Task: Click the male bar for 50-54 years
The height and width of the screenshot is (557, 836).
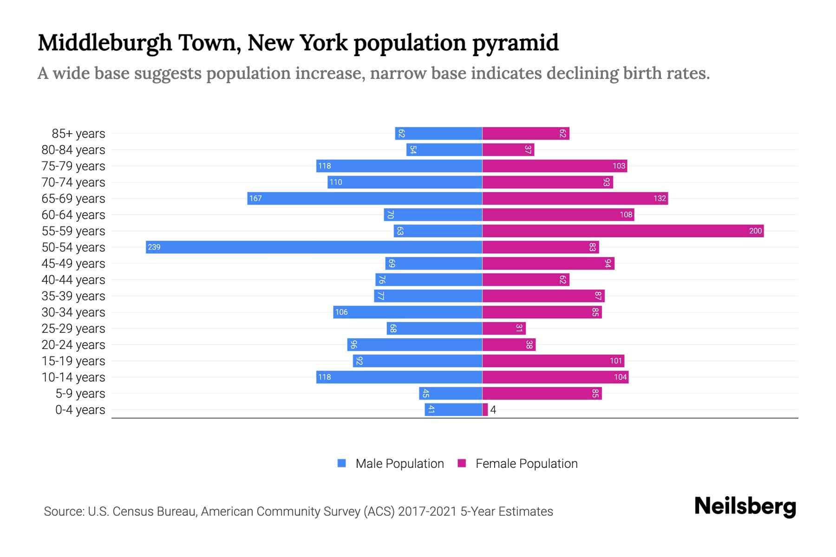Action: [x=314, y=247]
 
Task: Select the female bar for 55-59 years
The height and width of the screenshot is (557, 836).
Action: [x=622, y=231]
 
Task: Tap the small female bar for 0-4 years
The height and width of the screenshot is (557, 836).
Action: [x=485, y=410]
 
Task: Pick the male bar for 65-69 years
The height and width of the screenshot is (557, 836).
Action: [x=365, y=198]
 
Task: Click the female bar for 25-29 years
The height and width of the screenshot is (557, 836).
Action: [x=504, y=328]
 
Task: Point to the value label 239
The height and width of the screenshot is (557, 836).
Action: [x=154, y=247]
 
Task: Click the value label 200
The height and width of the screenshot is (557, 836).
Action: [x=755, y=231]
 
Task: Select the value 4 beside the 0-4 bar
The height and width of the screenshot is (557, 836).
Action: [x=493, y=410]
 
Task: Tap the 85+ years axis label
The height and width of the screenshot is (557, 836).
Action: [x=78, y=134]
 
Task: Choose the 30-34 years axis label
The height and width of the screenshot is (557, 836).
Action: [x=73, y=312]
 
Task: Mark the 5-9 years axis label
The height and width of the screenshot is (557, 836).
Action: [x=80, y=394]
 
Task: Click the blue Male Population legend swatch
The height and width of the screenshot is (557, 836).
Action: [x=342, y=463]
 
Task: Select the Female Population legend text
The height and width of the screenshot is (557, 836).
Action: [x=526, y=463]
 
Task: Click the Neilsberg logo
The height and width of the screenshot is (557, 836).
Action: [x=745, y=506]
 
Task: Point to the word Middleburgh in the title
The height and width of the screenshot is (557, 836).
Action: [x=105, y=43]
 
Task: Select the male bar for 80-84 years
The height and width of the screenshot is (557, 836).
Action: [x=444, y=149]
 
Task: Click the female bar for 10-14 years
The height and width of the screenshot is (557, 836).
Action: [x=555, y=377]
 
